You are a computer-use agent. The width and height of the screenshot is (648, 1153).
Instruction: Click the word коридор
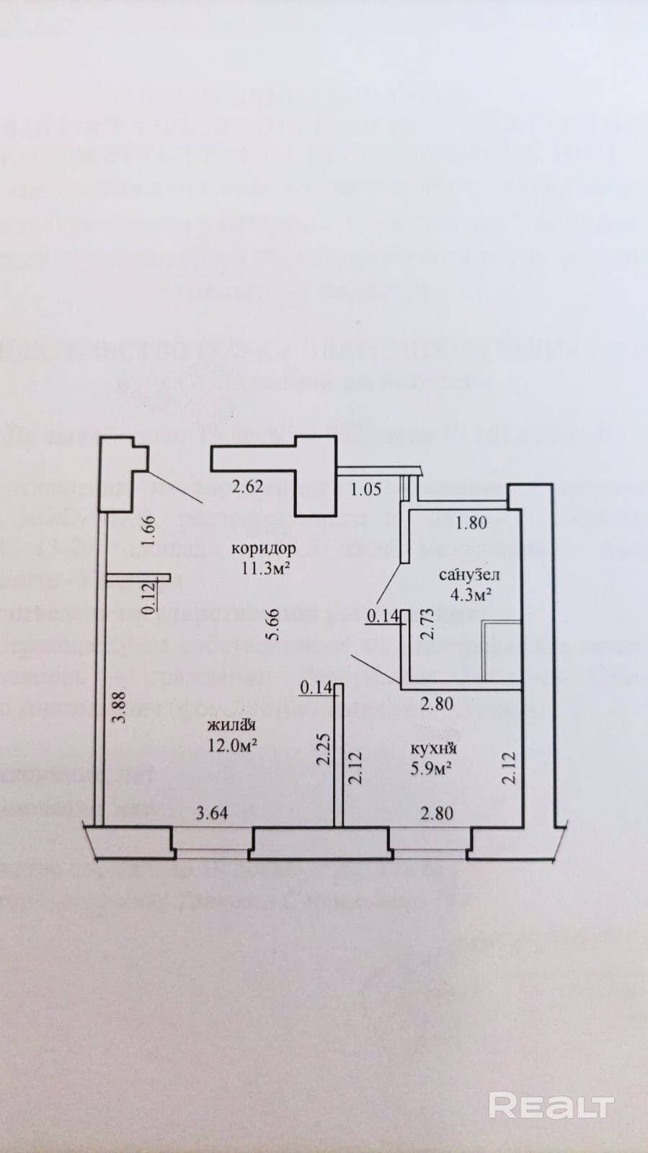(x=263, y=549)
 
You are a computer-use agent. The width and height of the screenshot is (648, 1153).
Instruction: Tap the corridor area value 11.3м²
(x=265, y=567)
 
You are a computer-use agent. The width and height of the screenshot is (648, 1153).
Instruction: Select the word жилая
(x=232, y=726)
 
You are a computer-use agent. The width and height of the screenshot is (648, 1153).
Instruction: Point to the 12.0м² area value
(x=233, y=745)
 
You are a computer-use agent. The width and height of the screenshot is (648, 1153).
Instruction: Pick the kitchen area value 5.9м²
(x=431, y=768)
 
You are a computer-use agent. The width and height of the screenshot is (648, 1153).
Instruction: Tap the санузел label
(x=469, y=575)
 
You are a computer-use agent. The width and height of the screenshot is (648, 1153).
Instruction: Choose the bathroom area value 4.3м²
(x=471, y=595)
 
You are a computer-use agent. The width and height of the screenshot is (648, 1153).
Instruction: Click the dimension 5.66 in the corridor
(x=272, y=624)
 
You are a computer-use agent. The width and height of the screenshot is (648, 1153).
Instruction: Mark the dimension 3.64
(x=212, y=813)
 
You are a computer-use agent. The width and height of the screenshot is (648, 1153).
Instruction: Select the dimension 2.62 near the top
(x=247, y=486)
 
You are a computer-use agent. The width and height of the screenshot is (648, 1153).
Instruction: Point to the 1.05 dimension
(x=365, y=490)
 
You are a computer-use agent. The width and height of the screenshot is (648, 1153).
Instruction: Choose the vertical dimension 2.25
(x=324, y=749)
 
